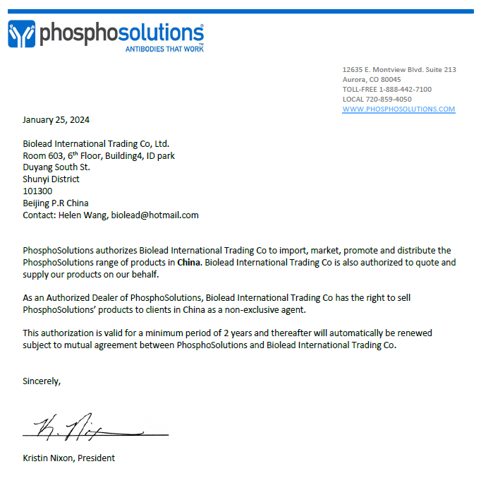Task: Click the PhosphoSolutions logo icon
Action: pos(21,34)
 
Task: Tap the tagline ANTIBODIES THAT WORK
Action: pos(164,49)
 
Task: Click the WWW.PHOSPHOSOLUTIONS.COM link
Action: pos(398,109)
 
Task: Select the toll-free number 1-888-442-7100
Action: pos(406,89)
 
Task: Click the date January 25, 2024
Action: pos(56,119)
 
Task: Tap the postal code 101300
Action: pos(37,191)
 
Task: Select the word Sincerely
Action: pos(42,381)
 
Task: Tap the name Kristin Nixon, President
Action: pos(68,458)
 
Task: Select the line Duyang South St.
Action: pos(56,167)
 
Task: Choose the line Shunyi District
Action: pos(51,179)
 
